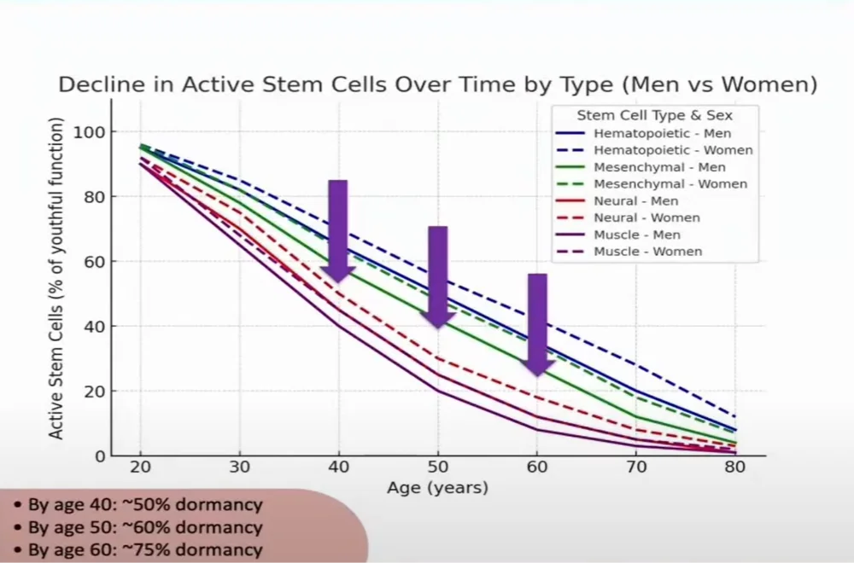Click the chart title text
pyautogui.click(x=437, y=85)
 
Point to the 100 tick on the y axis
pyautogui.click(x=91, y=132)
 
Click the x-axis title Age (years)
pyautogui.click(x=438, y=489)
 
